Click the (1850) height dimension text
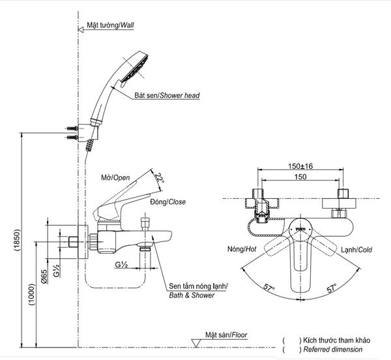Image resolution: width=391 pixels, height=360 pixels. (17, 240)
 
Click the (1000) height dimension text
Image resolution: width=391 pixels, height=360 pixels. (32, 295)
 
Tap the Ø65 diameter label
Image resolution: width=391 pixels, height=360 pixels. (44, 277)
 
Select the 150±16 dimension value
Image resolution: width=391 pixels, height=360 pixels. (300, 166)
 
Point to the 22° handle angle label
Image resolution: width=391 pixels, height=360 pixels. (159, 177)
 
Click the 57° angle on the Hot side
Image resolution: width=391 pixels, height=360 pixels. (269, 287)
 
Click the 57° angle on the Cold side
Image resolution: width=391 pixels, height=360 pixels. (332, 288)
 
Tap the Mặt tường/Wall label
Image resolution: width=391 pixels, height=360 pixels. (110, 25)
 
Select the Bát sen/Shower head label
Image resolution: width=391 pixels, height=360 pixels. (167, 95)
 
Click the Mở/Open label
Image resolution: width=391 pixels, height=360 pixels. (115, 177)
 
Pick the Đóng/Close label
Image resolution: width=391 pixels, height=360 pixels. (168, 202)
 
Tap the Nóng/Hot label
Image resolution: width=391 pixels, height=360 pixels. (242, 249)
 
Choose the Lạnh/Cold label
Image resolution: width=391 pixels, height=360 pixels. (356, 250)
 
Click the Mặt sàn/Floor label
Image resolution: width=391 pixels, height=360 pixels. (226, 335)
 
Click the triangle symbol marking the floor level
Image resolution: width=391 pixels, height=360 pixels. (195, 343)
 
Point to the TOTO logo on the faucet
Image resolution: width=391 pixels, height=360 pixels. (300, 229)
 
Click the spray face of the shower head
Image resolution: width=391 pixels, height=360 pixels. (135, 68)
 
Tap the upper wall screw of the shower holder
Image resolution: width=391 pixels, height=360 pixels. (72, 128)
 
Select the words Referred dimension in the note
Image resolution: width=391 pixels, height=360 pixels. (333, 350)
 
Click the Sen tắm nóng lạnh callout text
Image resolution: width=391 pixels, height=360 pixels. (198, 286)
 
